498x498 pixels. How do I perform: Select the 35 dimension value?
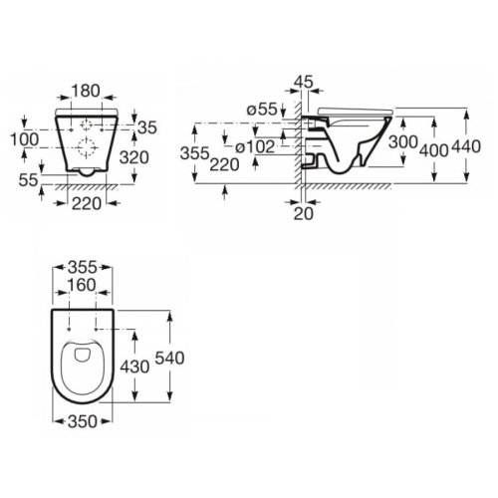(148, 126)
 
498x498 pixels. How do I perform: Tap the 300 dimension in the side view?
(401, 143)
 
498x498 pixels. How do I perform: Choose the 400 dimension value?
(432, 148)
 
